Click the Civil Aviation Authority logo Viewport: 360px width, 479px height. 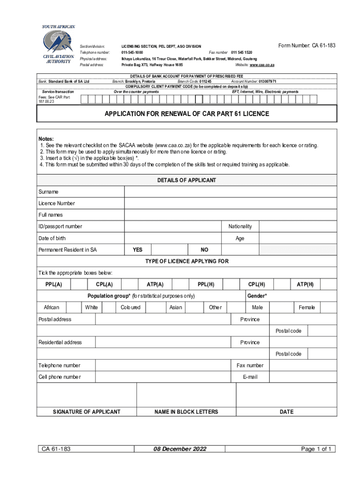click(x=58, y=44)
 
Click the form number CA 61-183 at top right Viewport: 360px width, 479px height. click(x=307, y=45)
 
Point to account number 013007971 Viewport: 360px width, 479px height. click(x=267, y=81)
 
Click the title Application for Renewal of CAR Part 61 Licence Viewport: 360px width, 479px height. click(x=187, y=114)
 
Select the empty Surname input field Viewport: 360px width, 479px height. click(x=230, y=192)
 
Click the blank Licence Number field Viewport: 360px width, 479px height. click(x=230, y=203)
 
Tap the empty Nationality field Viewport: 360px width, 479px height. click(x=297, y=226)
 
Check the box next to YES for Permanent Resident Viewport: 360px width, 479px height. click(x=169, y=250)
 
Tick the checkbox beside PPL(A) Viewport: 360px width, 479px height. click(x=79, y=284)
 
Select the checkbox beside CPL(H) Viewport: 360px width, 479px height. click(x=282, y=284)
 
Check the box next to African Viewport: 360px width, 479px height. click(x=73, y=307)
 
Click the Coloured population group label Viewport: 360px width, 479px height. click(x=130, y=307)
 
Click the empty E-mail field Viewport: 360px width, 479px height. click(x=303, y=377)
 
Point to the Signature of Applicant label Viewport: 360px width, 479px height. click(x=86, y=412)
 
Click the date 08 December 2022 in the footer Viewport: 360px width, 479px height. click(x=180, y=449)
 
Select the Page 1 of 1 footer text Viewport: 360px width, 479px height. click(x=317, y=449)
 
